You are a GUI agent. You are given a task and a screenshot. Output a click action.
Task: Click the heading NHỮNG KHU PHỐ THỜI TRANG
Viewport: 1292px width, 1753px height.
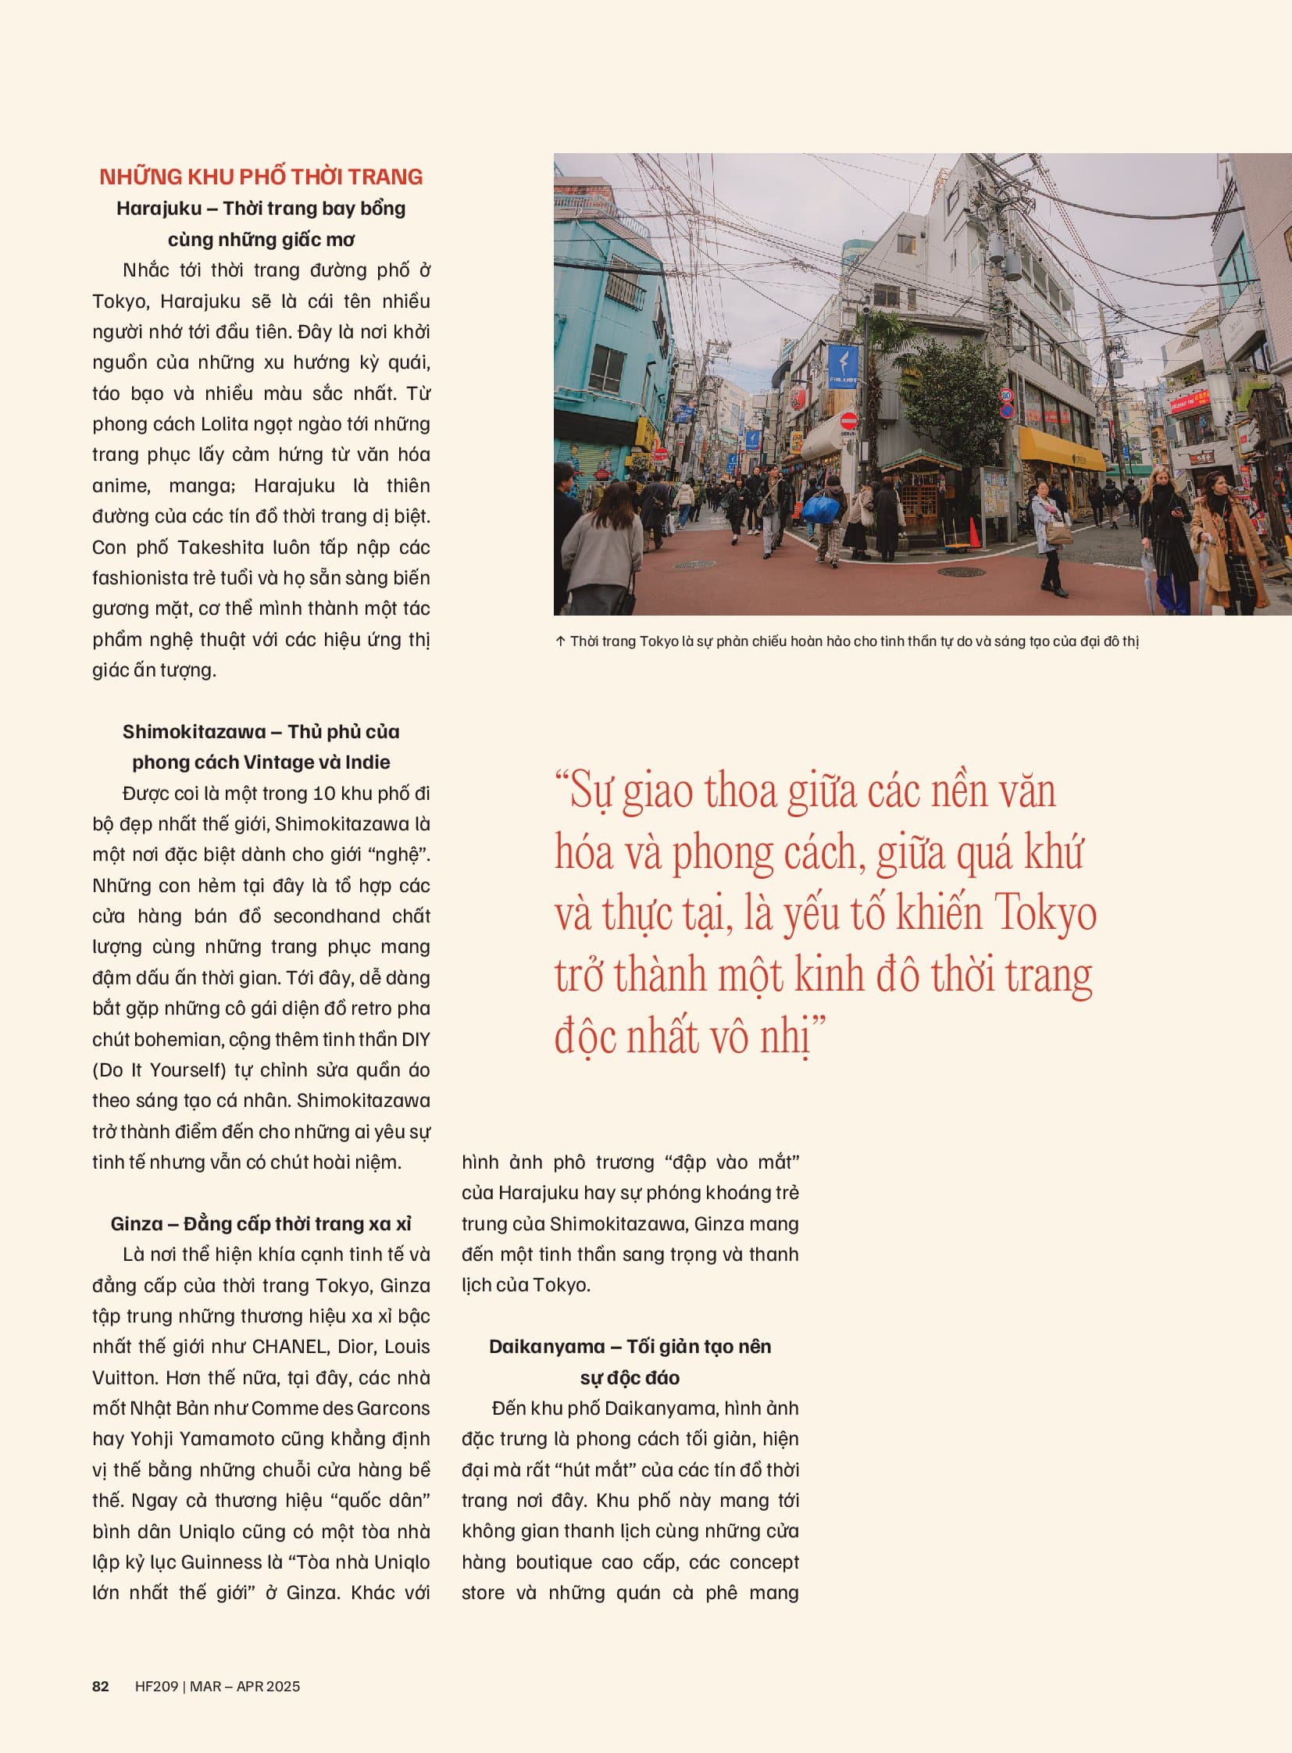tap(260, 177)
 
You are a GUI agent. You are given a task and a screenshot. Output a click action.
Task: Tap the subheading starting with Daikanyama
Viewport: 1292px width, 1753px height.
tap(630, 1346)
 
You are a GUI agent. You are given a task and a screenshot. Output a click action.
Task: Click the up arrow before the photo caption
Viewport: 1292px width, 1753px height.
tap(560, 641)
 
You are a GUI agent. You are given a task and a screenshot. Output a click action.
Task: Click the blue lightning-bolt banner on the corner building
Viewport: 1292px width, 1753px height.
tap(842, 366)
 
